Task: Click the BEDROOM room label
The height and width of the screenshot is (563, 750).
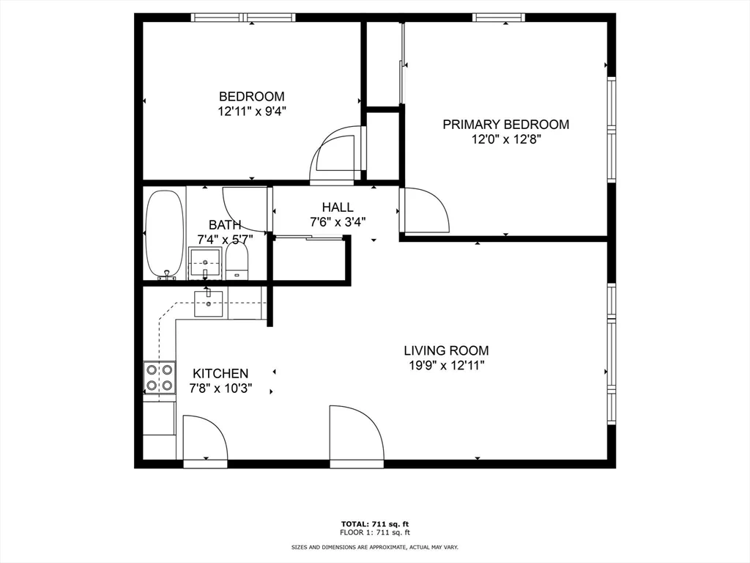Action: [251, 97]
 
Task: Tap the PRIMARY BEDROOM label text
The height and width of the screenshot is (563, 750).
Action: [505, 125]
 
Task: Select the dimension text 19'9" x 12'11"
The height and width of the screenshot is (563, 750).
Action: [446, 365]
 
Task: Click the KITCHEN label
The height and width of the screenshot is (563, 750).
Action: [220, 374]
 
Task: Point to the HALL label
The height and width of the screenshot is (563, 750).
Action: [337, 207]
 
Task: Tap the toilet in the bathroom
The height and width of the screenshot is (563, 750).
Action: [237, 261]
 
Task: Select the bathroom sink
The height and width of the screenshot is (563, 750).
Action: [205, 262]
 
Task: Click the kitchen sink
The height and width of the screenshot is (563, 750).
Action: [209, 303]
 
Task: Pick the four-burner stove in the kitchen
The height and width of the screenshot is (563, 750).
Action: [160, 377]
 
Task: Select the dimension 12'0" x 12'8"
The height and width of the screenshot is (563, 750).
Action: [505, 139]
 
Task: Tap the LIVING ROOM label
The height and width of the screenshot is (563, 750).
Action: [446, 350]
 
